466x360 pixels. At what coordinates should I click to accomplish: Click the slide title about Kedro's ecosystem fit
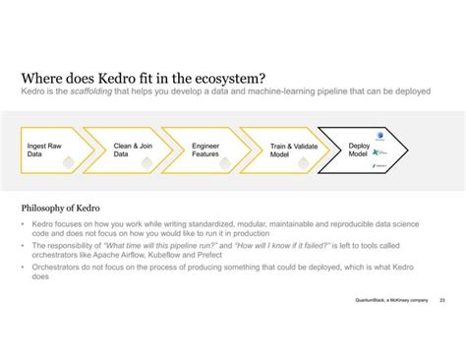[142, 78]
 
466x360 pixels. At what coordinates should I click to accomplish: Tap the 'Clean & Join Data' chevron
[127, 150]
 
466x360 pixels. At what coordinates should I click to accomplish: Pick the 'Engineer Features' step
[205, 150]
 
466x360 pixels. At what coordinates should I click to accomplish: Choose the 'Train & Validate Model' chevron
[285, 150]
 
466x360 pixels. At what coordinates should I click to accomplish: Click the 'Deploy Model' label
[359, 150]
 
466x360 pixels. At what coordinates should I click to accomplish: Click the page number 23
[442, 299]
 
